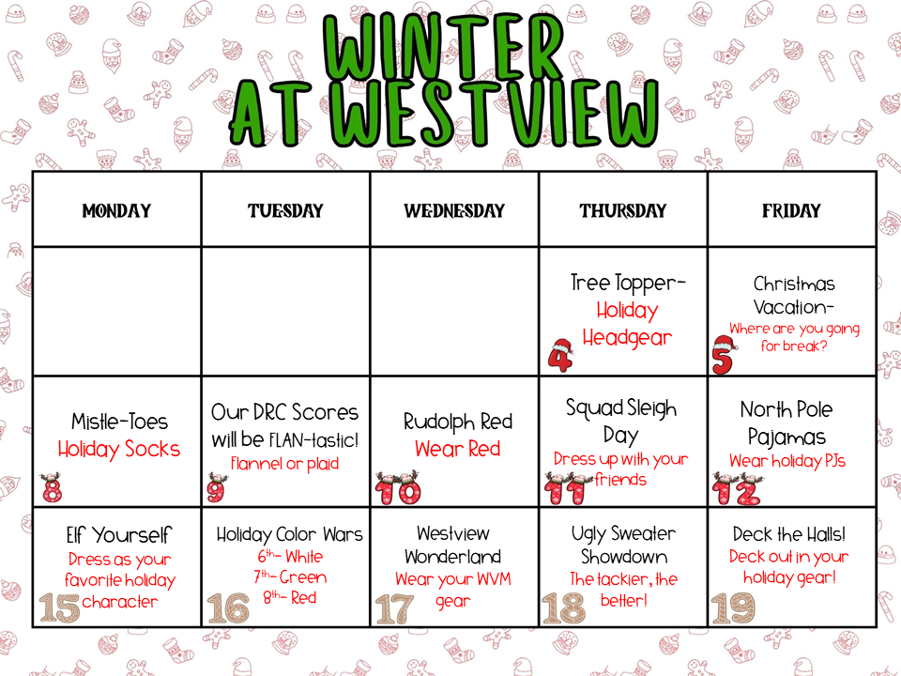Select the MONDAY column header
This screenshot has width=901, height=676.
pyautogui.click(x=116, y=210)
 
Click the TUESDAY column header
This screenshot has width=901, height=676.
pyautogui.click(x=285, y=210)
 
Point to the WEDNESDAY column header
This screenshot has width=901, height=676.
pyautogui.click(x=454, y=210)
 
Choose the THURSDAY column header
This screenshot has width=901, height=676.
pyautogui.click(x=623, y=210)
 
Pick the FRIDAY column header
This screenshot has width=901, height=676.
pyautogui.click(x=791, y=210)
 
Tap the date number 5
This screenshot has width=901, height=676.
pyautogui.click(x=723, y=357)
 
